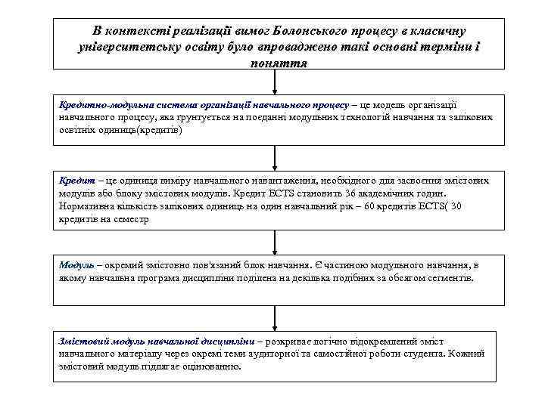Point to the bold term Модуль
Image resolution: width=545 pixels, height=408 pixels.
[76, 266]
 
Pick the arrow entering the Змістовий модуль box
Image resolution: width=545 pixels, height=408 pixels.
[275, 318]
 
